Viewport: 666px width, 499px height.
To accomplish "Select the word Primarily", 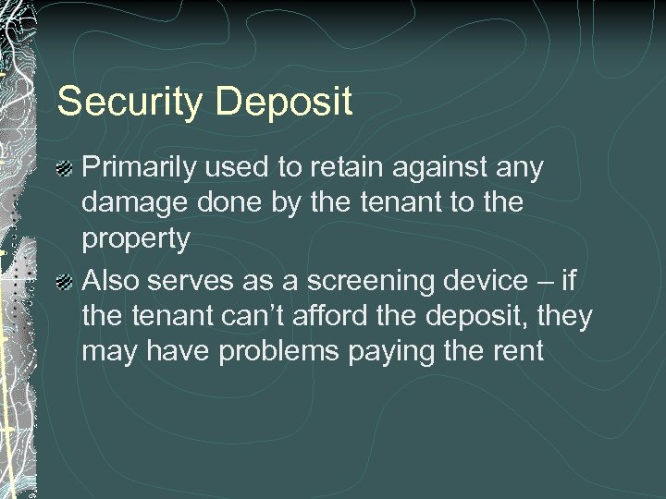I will [x=138, y=168].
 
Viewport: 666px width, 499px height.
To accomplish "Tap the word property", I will [x=136, y=240].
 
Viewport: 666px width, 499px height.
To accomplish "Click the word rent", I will [x=518, y=352].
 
